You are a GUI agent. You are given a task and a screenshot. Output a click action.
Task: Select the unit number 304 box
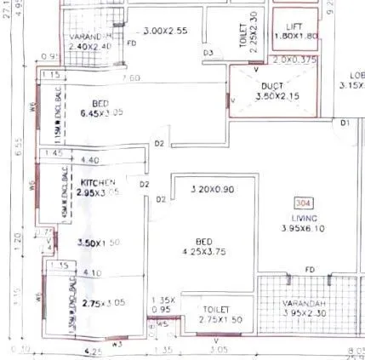(x=302, y=204)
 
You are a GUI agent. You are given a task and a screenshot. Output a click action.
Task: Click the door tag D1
(x=345, y=124)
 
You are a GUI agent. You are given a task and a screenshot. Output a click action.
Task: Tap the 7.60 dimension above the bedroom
(x=130, y=78)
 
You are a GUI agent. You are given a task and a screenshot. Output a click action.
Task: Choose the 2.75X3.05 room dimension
(x=104, y=302)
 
